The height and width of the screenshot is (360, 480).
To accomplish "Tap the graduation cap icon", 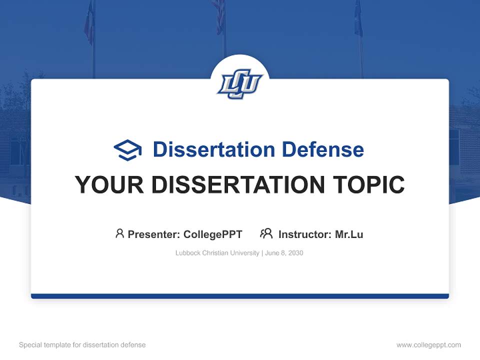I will (x=127, y=150).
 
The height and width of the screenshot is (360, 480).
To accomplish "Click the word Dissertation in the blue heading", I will (x=213, y=149).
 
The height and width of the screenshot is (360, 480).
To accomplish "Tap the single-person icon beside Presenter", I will (x=119, y=233).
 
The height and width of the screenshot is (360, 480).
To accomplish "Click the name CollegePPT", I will (x=213, y=234).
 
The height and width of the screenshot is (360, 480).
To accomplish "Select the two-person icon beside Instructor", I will (x=266, y=233).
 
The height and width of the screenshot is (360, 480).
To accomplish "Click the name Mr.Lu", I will (x=349, y=234).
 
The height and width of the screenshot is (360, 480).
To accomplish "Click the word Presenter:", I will (x=154, y=234).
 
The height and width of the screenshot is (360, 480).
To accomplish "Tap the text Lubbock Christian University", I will (x=217, y=253).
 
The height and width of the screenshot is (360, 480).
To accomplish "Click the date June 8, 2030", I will (x=284, y=253).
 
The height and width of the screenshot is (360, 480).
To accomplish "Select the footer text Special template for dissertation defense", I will (x=82, y=345).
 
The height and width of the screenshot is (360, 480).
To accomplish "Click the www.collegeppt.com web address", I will (x=428, y=345).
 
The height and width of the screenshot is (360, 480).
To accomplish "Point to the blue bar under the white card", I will (x=240, y=296).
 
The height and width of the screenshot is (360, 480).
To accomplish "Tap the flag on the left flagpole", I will (x=89, y=22).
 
